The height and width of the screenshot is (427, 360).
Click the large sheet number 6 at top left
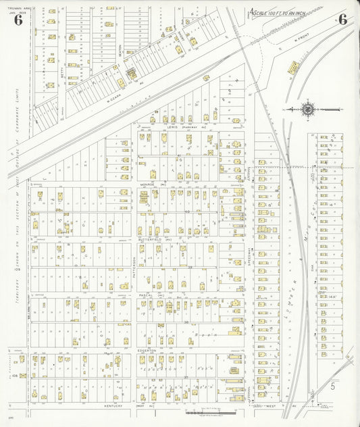click(x=18, y=20)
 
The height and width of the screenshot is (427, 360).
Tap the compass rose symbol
click(x=307, y=108)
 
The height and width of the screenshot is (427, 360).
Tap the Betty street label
click(x=61, y=76)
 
